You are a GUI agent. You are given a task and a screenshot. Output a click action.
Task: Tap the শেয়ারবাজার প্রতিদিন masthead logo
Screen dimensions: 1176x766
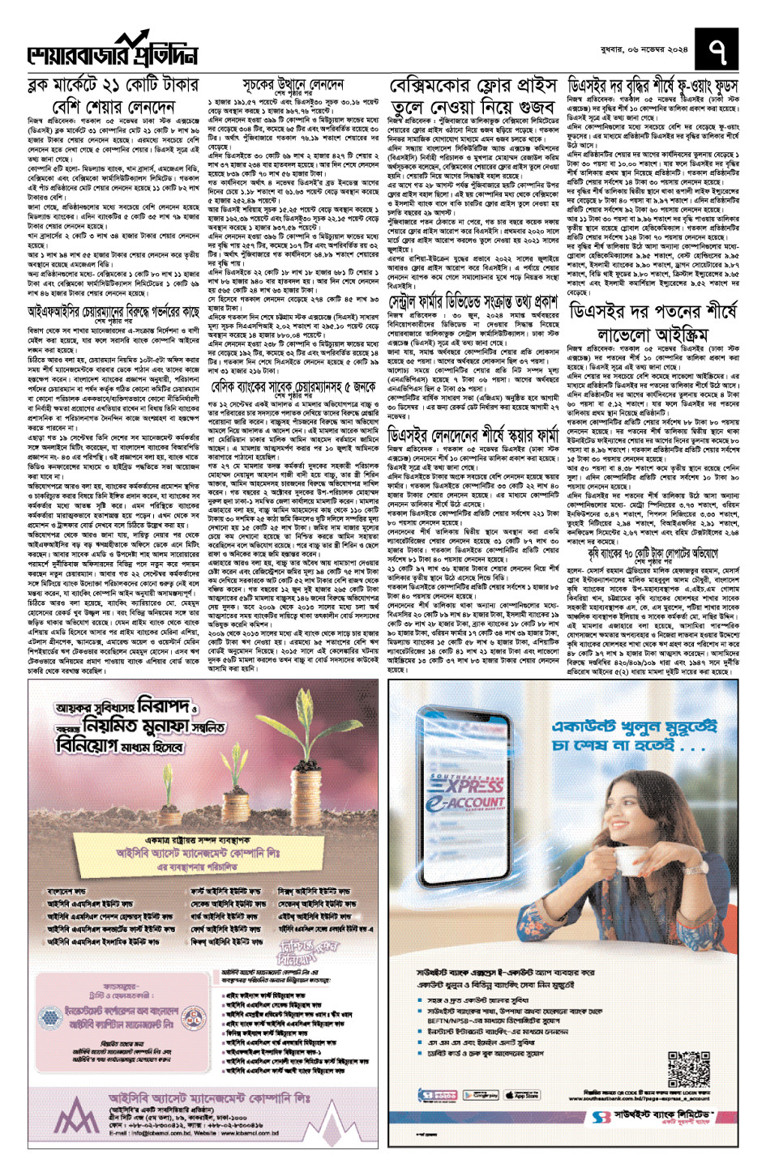tap(113, 51)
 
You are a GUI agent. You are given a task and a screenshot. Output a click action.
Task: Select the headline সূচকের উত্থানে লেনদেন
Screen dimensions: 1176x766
tap(293, 85)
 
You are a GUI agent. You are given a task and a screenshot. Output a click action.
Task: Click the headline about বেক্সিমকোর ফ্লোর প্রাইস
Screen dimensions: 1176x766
tap(473, 96)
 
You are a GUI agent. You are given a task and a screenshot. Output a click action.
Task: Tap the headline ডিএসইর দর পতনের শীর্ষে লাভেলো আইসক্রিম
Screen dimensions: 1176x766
tap(653, 322)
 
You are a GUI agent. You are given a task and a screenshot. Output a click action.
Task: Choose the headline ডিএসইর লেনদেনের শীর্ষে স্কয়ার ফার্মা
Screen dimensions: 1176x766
tap(473, 434)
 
